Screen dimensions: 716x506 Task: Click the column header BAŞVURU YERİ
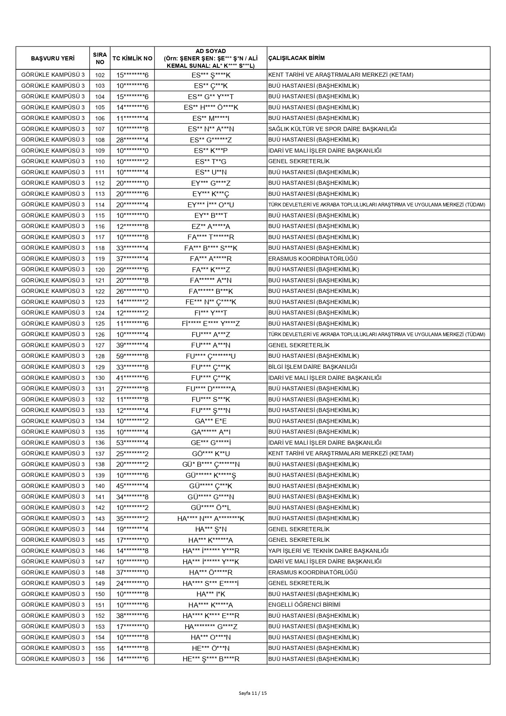pos(53,58)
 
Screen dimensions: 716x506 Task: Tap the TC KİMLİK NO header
pos(132,58)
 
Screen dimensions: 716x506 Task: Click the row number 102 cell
pos(99,75)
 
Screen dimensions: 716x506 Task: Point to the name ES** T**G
pos(210,162)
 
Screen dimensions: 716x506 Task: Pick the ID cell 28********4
pos(132,140)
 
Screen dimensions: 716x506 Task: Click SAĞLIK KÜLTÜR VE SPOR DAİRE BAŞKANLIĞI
pos(332,129)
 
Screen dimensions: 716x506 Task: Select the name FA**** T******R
pos(210,237)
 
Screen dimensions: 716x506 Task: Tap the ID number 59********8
pos(132,356)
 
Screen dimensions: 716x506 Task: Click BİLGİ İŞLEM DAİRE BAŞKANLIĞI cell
pos(312,367)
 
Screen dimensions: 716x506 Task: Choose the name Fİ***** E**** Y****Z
pos(210,324)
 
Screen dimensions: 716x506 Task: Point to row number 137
pos(99,454)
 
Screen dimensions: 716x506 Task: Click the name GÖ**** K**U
pos(210,454)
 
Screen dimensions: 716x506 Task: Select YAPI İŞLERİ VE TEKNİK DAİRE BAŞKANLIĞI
pos(328,551)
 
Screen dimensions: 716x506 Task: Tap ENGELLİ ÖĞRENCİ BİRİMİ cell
pos(304,605)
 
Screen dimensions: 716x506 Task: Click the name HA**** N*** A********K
pos(210,519)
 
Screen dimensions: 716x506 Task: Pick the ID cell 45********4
pos(132,486)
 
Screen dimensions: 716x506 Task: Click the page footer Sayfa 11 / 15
pos(253,693)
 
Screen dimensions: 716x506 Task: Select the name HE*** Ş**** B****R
pos(210,659)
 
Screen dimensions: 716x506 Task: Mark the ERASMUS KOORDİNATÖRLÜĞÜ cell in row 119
pos(313,259)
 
